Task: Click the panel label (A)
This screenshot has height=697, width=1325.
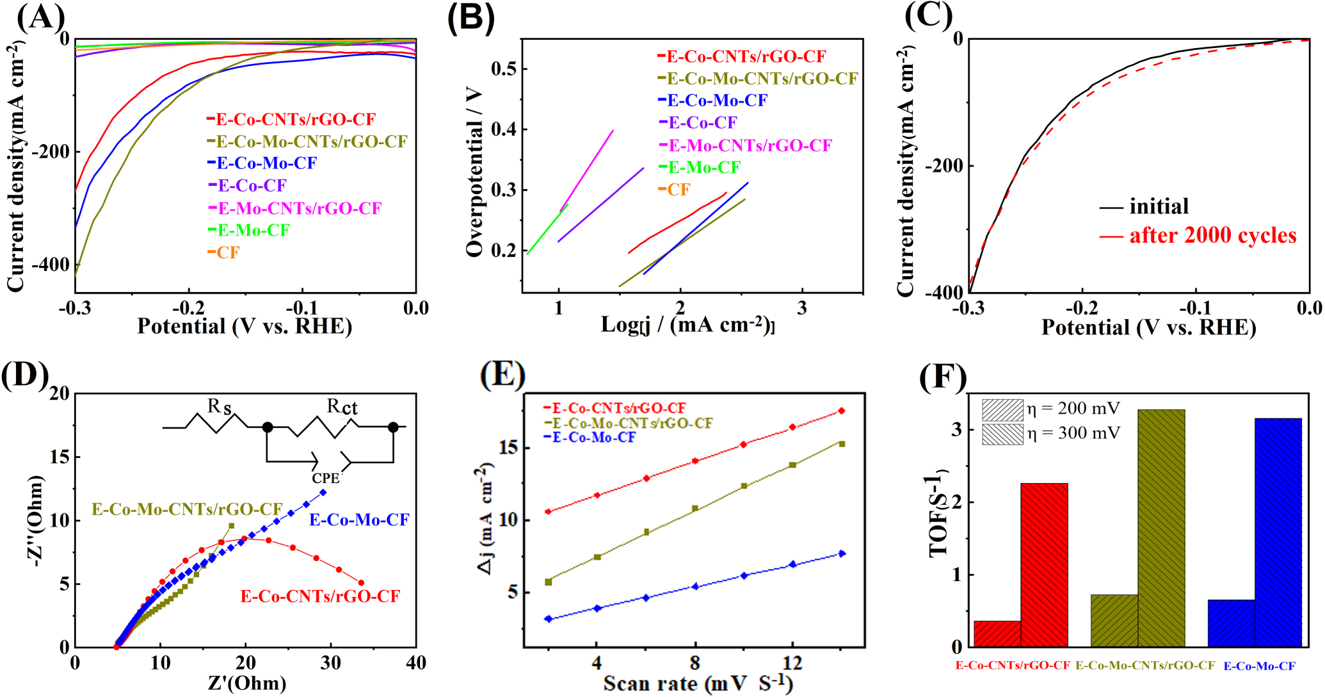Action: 40,17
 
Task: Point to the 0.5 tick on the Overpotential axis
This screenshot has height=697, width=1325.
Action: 504,69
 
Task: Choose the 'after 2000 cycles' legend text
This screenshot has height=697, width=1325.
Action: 1212,236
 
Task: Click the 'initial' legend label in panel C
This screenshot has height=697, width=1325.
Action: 1159,206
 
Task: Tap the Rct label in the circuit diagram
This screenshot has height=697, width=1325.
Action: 342,407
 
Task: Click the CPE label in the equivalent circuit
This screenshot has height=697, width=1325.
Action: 325,479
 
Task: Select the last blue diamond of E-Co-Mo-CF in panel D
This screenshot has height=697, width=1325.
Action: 323,492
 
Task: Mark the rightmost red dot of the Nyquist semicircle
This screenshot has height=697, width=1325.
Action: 361,583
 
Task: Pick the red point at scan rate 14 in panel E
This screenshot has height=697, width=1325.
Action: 842,411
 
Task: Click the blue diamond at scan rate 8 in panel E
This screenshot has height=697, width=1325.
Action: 695,586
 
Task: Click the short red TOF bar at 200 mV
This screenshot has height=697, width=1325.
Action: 997,634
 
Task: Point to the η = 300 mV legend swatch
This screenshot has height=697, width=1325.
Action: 1002,434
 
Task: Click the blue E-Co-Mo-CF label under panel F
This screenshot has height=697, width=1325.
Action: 1259,666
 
